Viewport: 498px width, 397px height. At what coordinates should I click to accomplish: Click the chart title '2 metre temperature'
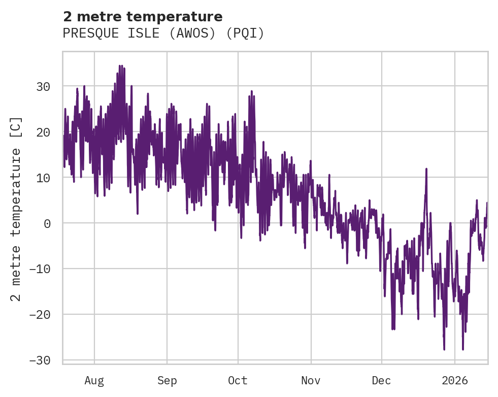(x=143, y=17)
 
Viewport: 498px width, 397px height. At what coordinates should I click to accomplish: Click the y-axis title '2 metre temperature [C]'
(x=16, y=208)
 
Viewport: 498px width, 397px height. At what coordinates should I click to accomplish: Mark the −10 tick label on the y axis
(x=39, y=269)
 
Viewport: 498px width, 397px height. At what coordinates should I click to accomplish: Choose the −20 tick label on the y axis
(x=39, y=315)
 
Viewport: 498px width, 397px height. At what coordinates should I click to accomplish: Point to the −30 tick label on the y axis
(x=39, y=360)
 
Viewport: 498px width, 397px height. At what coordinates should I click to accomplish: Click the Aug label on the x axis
(x=94, y=380)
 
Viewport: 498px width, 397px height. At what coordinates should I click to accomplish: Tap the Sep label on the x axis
(x=167, y=380)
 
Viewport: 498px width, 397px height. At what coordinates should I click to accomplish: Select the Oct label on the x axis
(x=238, y=380)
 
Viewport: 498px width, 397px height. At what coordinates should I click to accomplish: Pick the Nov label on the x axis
(x=311, y=380)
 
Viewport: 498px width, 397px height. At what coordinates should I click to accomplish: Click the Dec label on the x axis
(x=381, y=380)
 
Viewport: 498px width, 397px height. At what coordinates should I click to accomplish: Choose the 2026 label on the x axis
(x=454, y=380)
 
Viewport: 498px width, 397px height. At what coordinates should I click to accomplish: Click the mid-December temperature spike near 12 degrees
(x=426, y=170)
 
